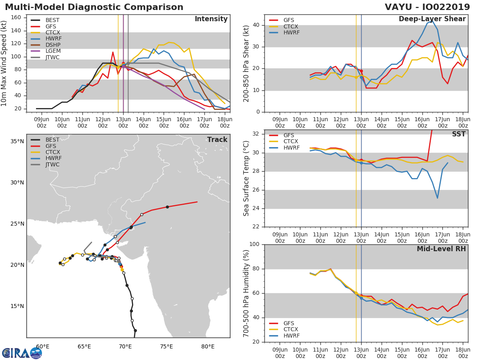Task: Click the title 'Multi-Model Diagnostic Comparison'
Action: click(94, 7)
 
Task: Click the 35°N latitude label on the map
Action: click(17, 141)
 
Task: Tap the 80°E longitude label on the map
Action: click(208, 346)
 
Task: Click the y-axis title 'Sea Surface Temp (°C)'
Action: click(246, 178)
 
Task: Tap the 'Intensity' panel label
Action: click(211, 19)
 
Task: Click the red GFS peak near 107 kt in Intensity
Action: click(113, 52)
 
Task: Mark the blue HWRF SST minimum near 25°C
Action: click(437, 198)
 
